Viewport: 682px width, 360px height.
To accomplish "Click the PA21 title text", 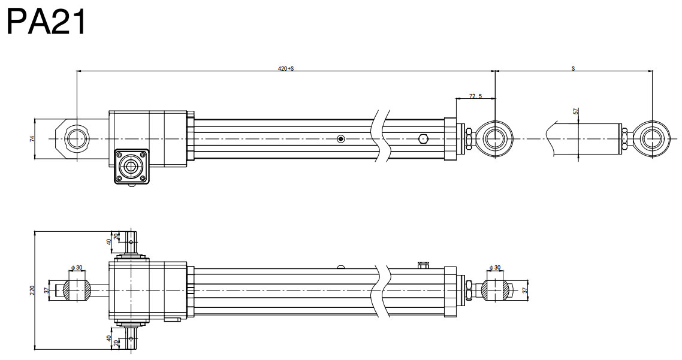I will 47,22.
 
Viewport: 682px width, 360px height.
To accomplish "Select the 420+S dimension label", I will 286,68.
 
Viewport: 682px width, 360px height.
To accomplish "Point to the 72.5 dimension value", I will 475,95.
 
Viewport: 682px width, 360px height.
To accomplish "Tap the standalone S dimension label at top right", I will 573,68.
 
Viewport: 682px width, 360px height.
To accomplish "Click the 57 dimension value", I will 576,111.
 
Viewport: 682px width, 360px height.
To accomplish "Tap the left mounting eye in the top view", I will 76,138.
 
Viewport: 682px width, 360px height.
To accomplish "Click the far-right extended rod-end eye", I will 651,138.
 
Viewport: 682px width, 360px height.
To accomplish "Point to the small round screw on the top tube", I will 341,139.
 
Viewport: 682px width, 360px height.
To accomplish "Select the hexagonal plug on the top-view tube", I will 423,139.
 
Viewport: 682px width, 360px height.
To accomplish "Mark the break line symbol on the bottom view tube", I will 384,290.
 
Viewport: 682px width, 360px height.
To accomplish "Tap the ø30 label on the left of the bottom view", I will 76,267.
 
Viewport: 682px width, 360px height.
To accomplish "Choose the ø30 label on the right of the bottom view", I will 495,267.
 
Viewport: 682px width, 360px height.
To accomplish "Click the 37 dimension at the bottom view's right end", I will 526,290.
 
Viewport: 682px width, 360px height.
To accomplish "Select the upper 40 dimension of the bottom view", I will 109,241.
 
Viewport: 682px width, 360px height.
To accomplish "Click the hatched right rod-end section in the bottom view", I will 497,290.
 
